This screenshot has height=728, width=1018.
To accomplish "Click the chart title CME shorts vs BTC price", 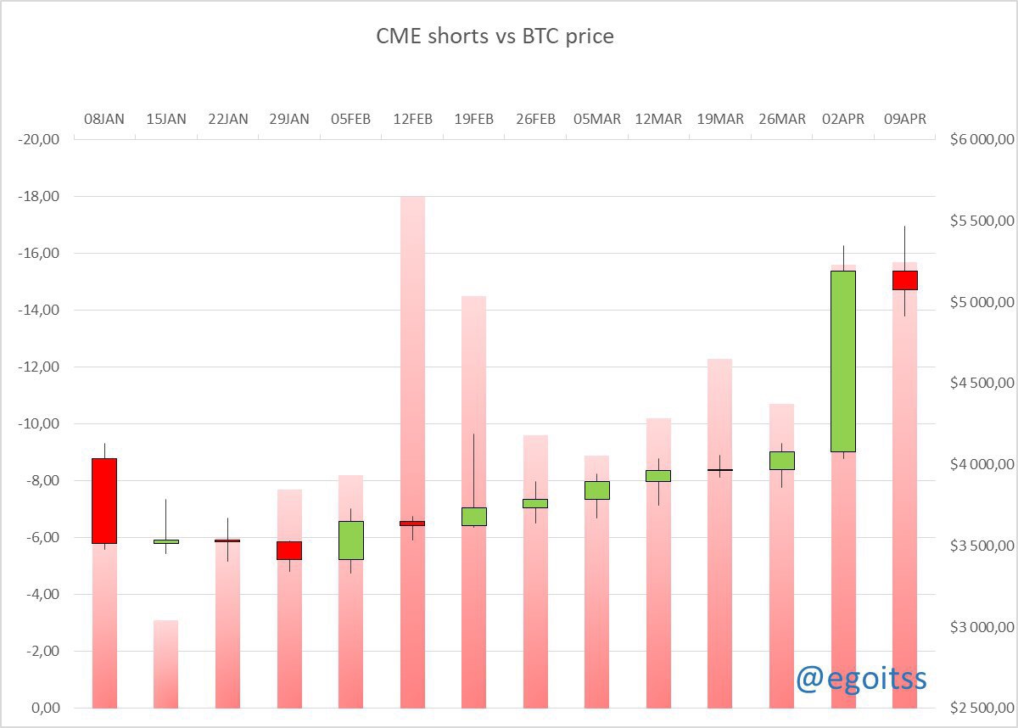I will pyautogui.click(x=495, y=36).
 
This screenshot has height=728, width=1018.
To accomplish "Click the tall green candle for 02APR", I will pyautogui.click(x=843, y=361).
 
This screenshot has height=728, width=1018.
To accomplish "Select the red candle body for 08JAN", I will pyautogui.click(x=104, y=501).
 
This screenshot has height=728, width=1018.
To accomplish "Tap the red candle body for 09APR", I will pyautogui.click(x=904, y=280).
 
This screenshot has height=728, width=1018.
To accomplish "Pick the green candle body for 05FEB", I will pyautogui.click(x=351, y=540).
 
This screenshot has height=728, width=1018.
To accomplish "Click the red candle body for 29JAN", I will pyautogui.click(x=289, y=550).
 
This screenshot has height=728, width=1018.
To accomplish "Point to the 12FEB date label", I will pyautogui.click(x=412, y=120).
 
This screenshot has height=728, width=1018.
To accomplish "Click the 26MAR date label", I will pyautogui.click(x=782, y=120).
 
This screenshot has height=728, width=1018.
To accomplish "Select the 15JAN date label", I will pyautogui.click(x=166, y=120).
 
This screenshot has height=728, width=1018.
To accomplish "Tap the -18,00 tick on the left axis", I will pyautogui.click(x=36, y=197).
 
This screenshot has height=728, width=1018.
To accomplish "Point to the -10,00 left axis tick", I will pyautogui.click(x=36, y=424).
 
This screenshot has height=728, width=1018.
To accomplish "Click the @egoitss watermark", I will pyautogui.click(x=860, y=678).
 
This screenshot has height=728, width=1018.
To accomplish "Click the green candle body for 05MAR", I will pyautogui.click(x=597, y=490).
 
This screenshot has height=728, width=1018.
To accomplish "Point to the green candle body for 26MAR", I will pyautogui.click(x=782, y=460).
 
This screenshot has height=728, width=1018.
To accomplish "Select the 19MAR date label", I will pyautogui.click(x=720, y=120).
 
